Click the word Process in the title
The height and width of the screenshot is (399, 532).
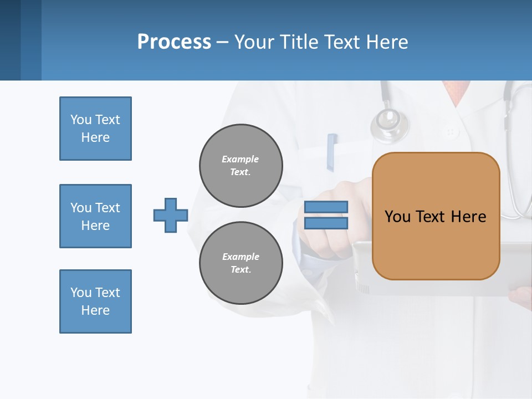pyautogui.click(x=174, y=42)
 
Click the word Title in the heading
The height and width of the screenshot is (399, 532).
pyautogui.click(x=296, y=42)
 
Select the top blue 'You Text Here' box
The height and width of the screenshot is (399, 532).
pyautogui.click(x=95, y=129)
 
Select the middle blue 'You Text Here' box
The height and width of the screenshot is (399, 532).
pyautogui.click(x=95, y=216)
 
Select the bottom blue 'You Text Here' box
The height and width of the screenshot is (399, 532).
pyautogui.click(x=95, y=301)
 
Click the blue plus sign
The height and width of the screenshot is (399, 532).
pyautogui.click(x=171, y=215)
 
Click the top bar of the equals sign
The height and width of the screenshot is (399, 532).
pyautogui.click(x=326, y=207)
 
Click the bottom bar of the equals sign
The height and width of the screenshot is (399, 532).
pyautogui.click(x=326, y=223)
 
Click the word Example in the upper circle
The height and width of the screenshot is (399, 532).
pyautogui.click(x=240, y=159)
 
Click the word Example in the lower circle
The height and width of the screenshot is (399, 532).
pyautogui.click(x=241, y=257)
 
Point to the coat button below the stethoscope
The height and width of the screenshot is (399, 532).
pyautogui.click(x=451, y=132)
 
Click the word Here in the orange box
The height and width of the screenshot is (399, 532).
pyautogui.click(x=468, y=217)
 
